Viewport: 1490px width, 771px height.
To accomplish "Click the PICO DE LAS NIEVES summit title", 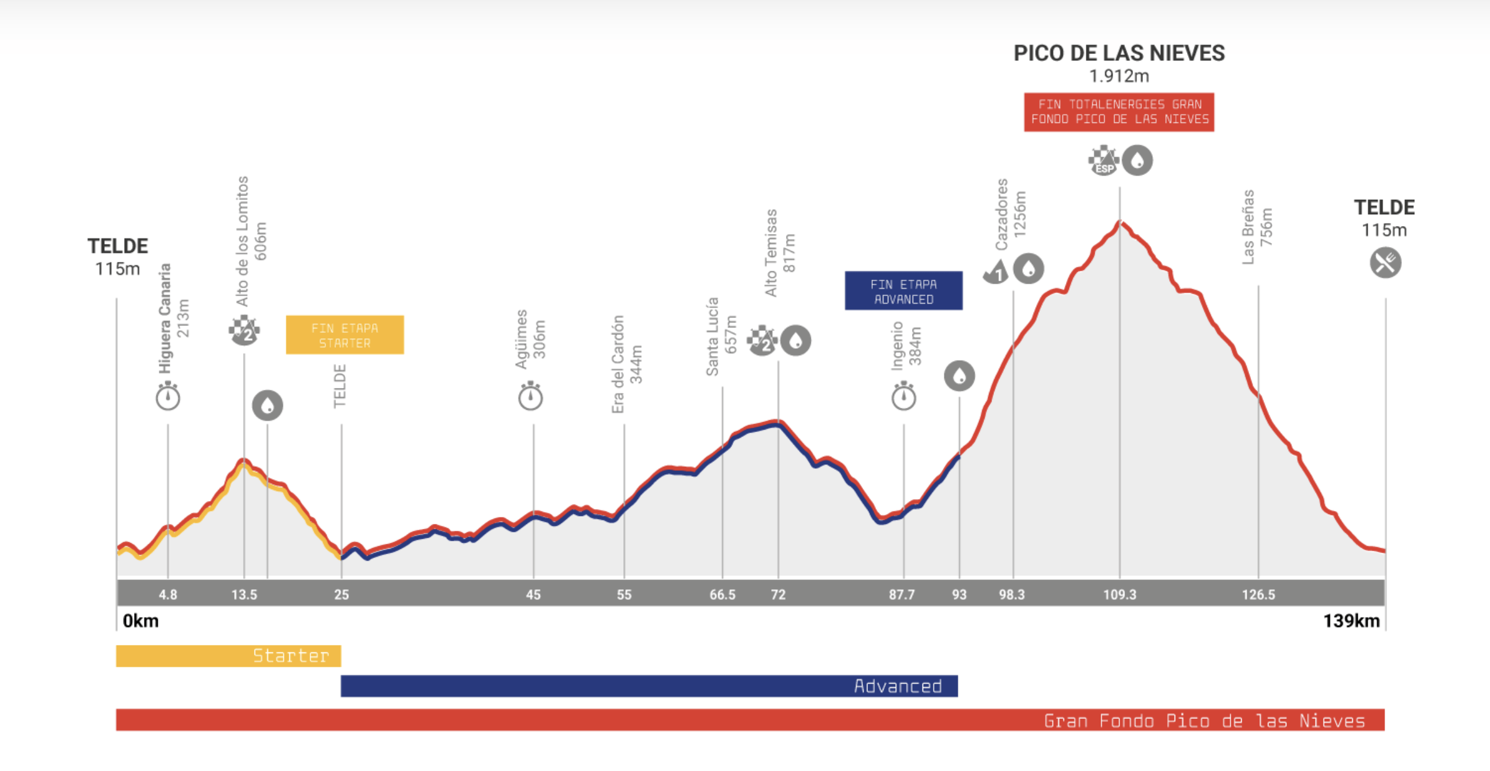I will coord(1119,53).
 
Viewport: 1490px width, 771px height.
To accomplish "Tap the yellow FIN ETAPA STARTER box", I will coord(345,335).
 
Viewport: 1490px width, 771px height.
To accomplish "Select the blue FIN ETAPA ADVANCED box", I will coord(903,291).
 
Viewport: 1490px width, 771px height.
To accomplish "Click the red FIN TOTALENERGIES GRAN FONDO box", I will coord(1119,112).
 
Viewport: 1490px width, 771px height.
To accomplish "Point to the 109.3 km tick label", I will coord(1119,595).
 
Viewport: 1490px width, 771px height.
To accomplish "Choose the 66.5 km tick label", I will coord(722,595).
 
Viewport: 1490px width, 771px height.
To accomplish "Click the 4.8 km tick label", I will coord(168,595).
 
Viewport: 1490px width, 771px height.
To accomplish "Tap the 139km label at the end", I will coord(1351,621).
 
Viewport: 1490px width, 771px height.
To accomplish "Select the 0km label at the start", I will coord(140,621).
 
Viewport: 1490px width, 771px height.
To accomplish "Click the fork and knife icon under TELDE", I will coord(1385,263).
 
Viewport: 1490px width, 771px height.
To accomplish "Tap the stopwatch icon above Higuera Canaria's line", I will coord(168,397).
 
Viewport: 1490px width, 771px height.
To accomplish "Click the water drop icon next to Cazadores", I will coord(1029,269).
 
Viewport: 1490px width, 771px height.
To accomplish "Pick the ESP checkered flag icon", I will coord(1103,160).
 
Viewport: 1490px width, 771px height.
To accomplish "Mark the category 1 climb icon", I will coord(996,271).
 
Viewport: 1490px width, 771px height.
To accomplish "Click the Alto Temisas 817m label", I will coord(779,253).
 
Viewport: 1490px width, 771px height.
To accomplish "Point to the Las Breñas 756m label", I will coord(1257,227).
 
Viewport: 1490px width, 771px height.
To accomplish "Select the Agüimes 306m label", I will coord(530,339).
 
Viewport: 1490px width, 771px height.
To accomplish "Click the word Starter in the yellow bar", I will coord(291,656).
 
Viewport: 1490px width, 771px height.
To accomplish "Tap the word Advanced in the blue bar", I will coord(898,686).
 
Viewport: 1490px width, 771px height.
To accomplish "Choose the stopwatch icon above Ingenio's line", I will coord(903,397).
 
